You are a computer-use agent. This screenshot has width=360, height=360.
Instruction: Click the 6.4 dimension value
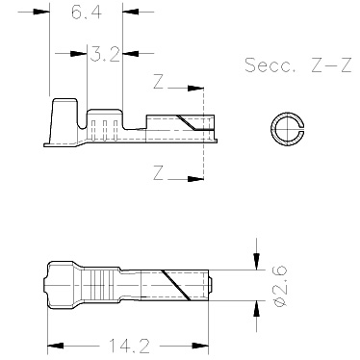(x=87, y=13)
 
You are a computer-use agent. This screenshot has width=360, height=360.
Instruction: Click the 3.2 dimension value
(x=105, y=54)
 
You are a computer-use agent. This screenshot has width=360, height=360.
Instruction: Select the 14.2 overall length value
(x=130, y=346)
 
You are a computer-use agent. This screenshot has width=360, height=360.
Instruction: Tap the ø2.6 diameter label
(x=280, y=286)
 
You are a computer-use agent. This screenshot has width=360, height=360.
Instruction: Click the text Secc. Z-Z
(x=298, y=64)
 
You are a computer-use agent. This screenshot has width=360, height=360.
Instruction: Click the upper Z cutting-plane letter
(x=159, y=82)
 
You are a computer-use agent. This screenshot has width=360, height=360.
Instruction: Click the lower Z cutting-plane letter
(x=159, y=172)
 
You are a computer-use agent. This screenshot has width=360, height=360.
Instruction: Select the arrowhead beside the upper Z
(x=195, y=88)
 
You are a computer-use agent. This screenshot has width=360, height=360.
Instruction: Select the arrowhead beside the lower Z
(x=195, y=179)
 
